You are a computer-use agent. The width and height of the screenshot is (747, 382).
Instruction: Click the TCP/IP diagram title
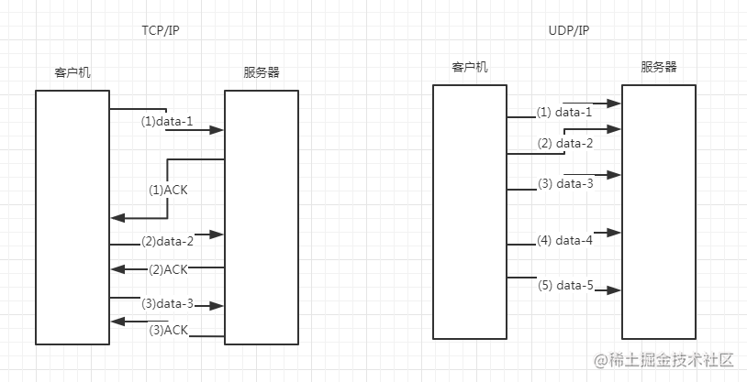click(x=161, y=30)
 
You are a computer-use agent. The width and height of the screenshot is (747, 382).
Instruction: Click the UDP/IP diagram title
click(x=569, y=30)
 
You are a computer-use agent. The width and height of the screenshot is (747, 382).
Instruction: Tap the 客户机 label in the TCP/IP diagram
click(x=72, y=72)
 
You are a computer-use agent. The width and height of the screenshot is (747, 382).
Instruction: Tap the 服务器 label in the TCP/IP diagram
click(x=261, y=72)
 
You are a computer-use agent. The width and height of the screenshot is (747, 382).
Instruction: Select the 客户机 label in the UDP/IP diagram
click(x=470, y=67)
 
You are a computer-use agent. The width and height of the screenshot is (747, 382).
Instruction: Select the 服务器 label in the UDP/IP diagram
click(x=658, y=67)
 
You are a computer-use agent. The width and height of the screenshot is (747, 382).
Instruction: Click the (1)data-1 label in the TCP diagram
click(x=167, y=122)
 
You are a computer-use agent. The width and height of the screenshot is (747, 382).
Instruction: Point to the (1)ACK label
click(x=168, y=191)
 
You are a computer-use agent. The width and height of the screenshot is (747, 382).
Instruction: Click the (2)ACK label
click(x=168, y=269)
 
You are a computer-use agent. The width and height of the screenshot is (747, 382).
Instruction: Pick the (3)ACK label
click(x=168, y=330)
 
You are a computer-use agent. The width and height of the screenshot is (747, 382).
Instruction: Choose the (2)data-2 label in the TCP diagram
click(x=167, y=242)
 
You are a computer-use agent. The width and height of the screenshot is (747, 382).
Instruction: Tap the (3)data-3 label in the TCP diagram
click(x=167, y=303)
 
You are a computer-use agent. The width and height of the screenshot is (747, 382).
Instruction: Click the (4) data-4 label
click(x=565, y=241)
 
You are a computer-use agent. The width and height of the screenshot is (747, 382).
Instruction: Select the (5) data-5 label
click(x=565, y=286)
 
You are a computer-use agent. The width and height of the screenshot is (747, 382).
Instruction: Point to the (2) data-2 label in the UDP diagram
click(x=565, y=143)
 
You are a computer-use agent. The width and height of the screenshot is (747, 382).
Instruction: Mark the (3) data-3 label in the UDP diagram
click(x=565, y=183)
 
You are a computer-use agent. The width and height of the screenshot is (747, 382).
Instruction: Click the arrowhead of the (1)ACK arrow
click(x=117, y=218)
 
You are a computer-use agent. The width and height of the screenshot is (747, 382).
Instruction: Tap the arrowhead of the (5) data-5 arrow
click(x=614, y=290)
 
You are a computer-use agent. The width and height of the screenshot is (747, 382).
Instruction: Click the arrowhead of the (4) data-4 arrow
click(x=614, y=233)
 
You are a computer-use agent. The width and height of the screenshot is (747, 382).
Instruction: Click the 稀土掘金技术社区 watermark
click(x=663, y=360)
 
